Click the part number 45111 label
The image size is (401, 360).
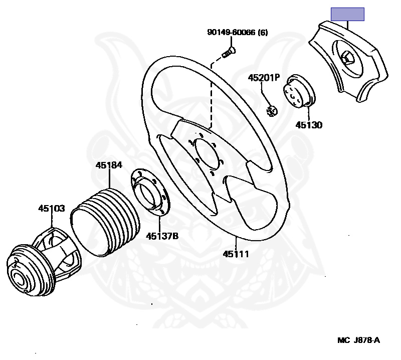236,254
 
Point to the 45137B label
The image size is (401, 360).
162,235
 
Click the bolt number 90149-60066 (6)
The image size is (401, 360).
237,33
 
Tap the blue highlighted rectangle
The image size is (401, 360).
347,15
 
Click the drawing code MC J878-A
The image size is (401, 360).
358,340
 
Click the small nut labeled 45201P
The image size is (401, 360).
272,110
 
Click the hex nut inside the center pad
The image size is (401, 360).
347,60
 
